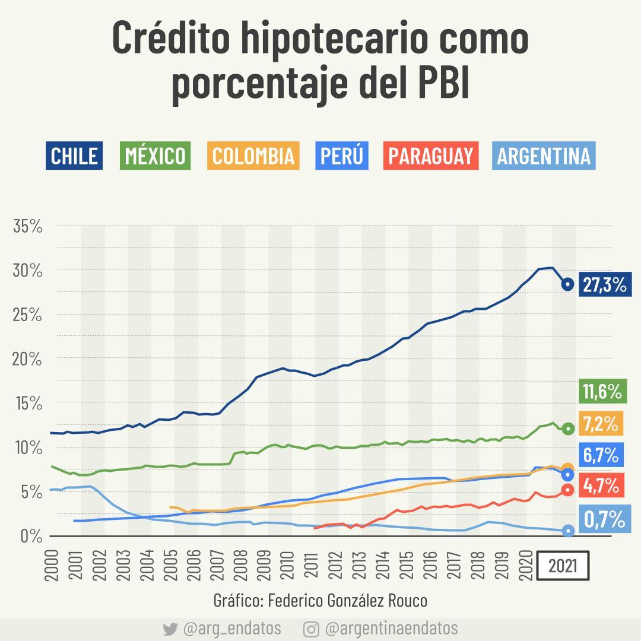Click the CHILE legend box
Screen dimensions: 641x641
point(74,156)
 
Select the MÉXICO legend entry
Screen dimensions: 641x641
point(156,156)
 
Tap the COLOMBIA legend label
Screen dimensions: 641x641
point(253,156)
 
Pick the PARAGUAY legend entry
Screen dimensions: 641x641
point(431,156)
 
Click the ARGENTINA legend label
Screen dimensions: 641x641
point(544,156)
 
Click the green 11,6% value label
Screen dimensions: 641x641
point(602,392)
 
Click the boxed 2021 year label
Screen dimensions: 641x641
point(563,567)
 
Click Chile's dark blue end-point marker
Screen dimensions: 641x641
point(567,284)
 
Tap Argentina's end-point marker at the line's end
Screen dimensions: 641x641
point(567,531)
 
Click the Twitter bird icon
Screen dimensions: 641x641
point(170,629)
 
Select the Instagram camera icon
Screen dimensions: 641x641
point(310,629)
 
